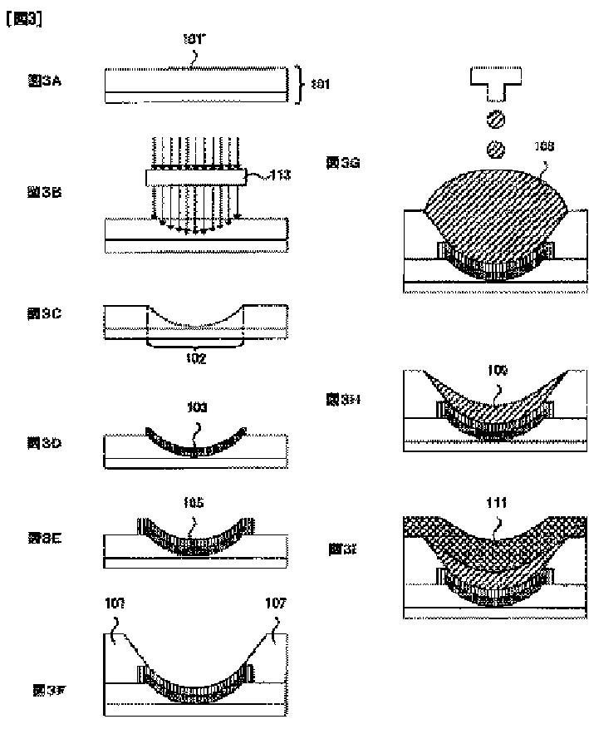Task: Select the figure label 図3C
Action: tap(41, 313)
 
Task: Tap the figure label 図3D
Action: tap(41, 443)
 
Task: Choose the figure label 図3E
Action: tap(41, 538)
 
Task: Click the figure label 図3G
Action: tap(342, 164)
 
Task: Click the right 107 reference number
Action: tap(276, 603)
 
